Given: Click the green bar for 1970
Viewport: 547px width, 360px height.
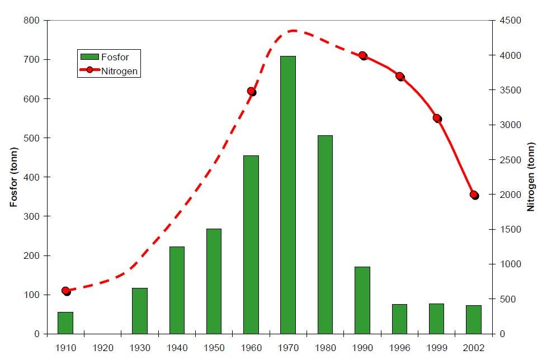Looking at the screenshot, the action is coord(288,195).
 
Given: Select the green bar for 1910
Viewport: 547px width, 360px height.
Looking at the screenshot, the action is coord(65,323).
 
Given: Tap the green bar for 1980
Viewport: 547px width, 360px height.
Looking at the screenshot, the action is coord(325,235).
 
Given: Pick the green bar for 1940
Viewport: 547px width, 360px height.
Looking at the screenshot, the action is coord(177,290).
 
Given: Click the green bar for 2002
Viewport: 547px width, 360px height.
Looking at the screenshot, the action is coord(474,320).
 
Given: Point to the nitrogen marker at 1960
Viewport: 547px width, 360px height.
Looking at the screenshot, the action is coord(252,92).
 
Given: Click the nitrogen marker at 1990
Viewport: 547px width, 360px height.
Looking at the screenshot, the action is coord(363,56).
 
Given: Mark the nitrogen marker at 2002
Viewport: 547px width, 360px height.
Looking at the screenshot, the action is coord(474,195).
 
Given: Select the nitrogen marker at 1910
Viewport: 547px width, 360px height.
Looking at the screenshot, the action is coord(66,291).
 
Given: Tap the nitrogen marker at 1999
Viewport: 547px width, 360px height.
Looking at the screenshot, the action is coord(437,119).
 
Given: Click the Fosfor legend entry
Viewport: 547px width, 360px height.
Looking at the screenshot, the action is coord(105,57).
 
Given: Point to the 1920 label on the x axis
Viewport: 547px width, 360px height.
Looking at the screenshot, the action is coord(103,348).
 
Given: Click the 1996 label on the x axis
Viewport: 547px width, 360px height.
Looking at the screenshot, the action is coord(400,348).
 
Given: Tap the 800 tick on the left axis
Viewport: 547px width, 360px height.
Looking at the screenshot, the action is coord(31,21).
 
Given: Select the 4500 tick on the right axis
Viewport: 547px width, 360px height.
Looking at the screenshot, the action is coord(510,21).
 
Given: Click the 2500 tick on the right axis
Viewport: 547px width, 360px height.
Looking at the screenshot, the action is coord(510,160).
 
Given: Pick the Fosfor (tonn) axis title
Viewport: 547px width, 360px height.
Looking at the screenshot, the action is coord(13,177).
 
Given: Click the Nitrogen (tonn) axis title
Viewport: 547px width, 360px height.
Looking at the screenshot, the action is coord(531,177).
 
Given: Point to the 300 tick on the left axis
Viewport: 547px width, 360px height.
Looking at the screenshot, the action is coord(31,216).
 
